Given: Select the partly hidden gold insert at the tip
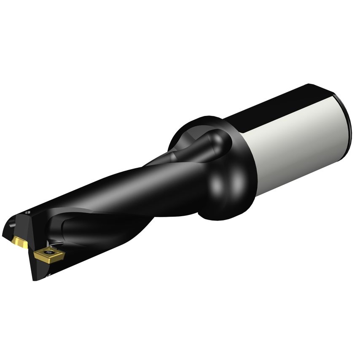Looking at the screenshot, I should click(19, 242).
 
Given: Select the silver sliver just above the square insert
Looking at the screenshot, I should click(53, 244).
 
